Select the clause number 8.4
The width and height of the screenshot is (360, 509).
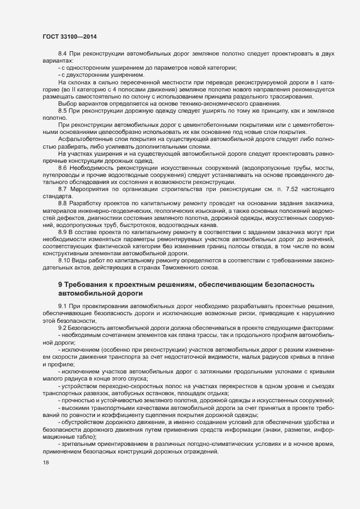(x=63, y=54)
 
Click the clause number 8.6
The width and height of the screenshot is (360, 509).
(x=63, y=168)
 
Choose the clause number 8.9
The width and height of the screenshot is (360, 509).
(x=63, y=231)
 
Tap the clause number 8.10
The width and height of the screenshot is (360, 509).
(x=64, y=260)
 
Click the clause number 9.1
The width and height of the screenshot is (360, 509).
(x=63, y=307)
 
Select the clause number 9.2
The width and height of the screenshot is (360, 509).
(x=63, y=328)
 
